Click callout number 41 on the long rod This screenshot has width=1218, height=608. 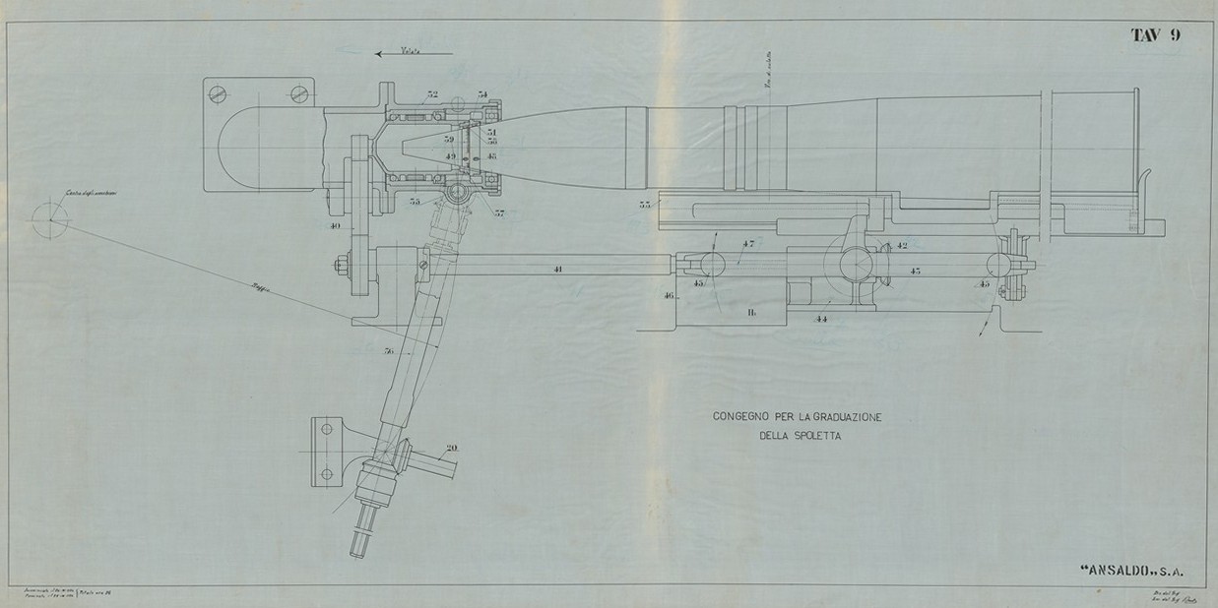click(x=557, y=268)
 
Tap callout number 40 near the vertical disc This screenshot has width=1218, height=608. click(x=335, y=227)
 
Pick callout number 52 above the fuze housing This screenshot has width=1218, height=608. click(x=431, y=94)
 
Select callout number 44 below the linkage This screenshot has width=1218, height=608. click(x=822, y=319)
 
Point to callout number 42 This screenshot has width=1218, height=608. click(x=902, y=247)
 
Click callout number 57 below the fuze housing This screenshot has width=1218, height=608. click(x=499, y=213)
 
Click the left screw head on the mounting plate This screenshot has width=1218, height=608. click(x=219, y=93)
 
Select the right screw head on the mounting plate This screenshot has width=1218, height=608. click(x=298, y=93)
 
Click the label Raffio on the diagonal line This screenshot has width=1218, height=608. click(x=259, y=288)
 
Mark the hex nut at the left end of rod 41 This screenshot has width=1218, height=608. click(x=340, y=264)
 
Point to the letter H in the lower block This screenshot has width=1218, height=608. click(x=750, y=313)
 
